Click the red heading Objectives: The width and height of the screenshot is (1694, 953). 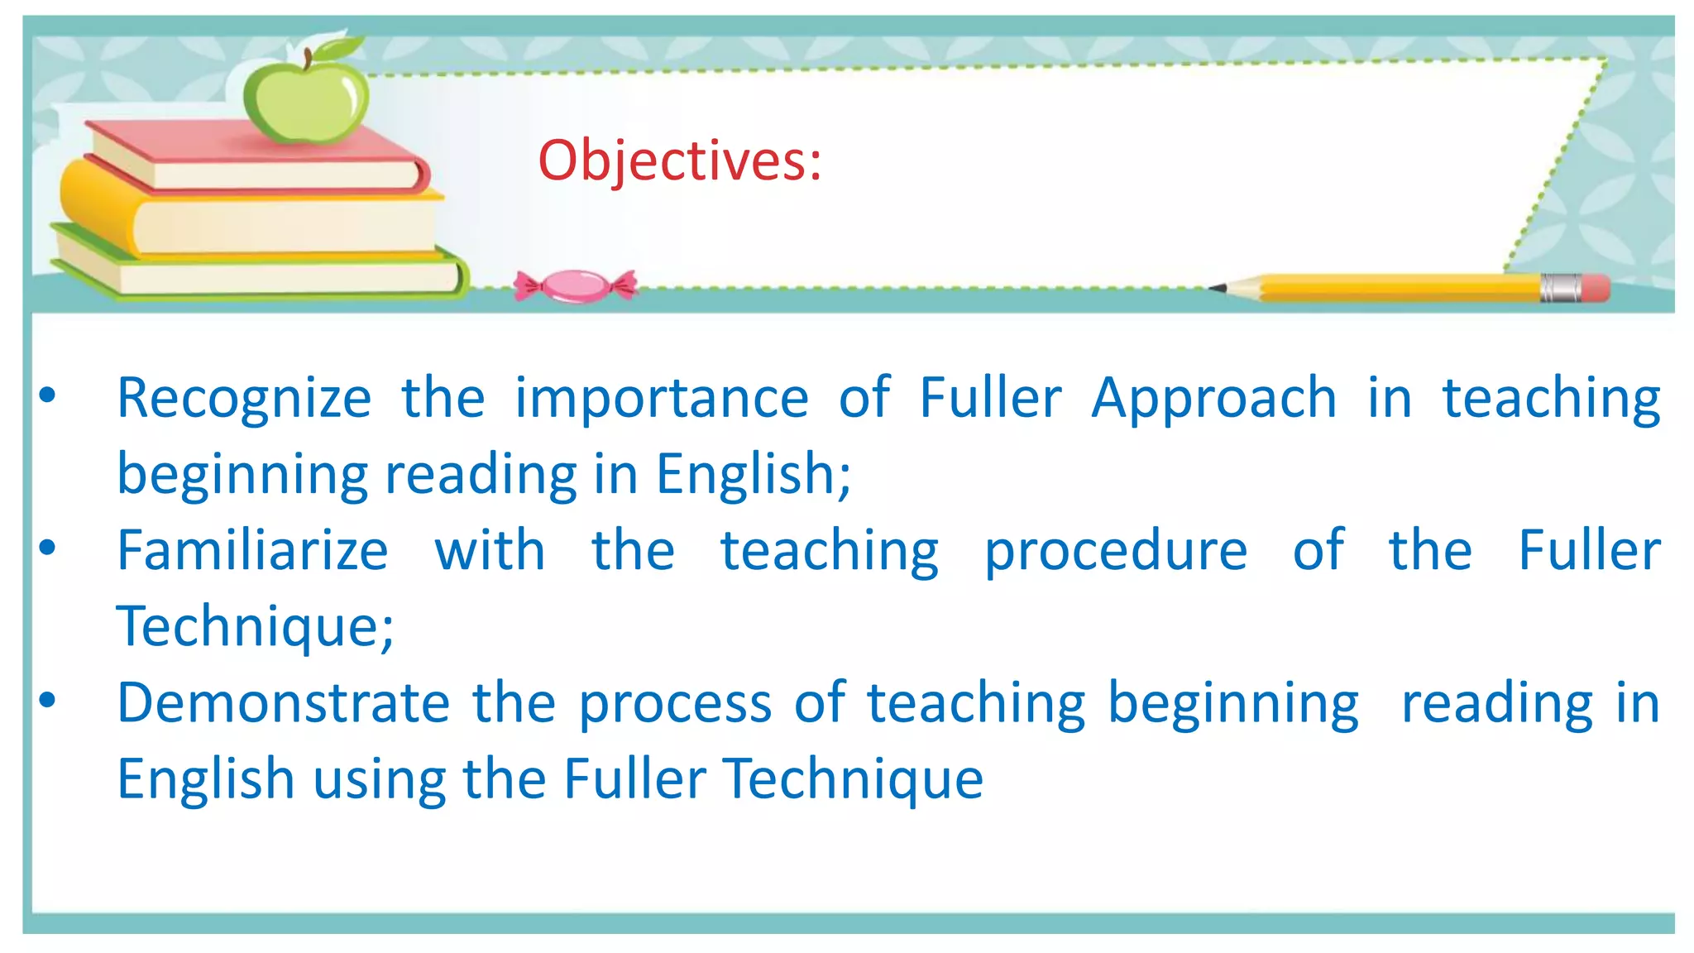coord(680,160)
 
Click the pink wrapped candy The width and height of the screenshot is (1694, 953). coord(576,286)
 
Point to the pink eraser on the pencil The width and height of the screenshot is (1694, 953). coord(1596,289)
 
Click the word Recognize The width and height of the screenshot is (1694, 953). coord(245,399)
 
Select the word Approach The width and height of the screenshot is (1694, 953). coord(1213,399)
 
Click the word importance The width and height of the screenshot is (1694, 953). coord(662,399)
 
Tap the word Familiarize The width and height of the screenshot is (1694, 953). coord(252,551)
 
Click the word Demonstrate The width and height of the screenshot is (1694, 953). coord(283,703)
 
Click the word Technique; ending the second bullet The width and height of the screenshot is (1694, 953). coord(256,627)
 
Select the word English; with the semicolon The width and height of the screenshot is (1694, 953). coord(754,475)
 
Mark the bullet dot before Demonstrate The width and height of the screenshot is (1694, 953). coord(48,701)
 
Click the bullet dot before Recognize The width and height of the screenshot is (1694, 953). coord(48,395)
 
